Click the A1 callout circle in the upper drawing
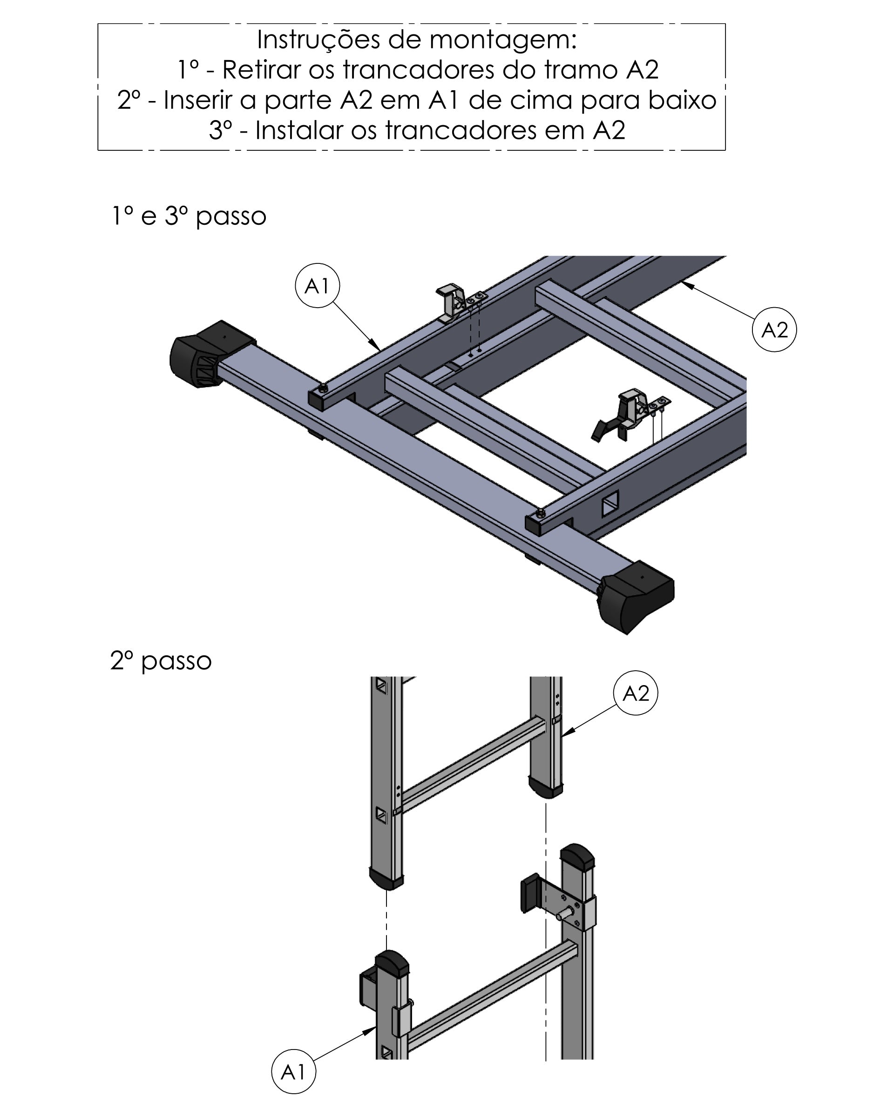tap(317, 285)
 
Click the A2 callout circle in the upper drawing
tap(774, 330)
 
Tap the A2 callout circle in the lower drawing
tap(636, 693)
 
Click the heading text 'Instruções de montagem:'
tap(417, 40)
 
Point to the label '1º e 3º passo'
tap(189, 216)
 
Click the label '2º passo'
tap(161, 660)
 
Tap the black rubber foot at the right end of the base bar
tap(636, 597)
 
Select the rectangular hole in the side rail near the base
tap(610, 503)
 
